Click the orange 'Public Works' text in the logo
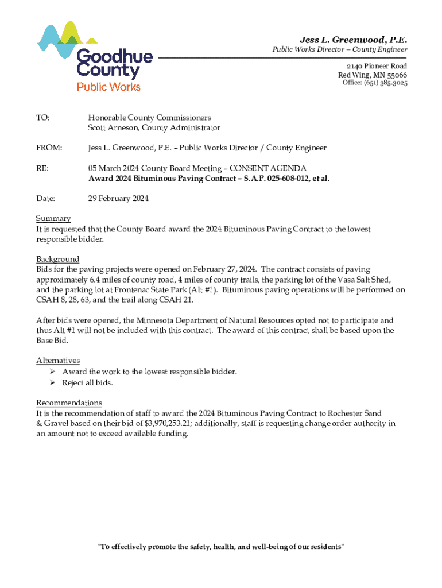109,87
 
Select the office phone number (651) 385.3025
383,83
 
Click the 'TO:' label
43,118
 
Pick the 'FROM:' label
49,148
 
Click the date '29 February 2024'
118,199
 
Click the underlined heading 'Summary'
53,219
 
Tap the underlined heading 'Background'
57,259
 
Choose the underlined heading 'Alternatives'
58,361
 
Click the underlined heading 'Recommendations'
69,403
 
